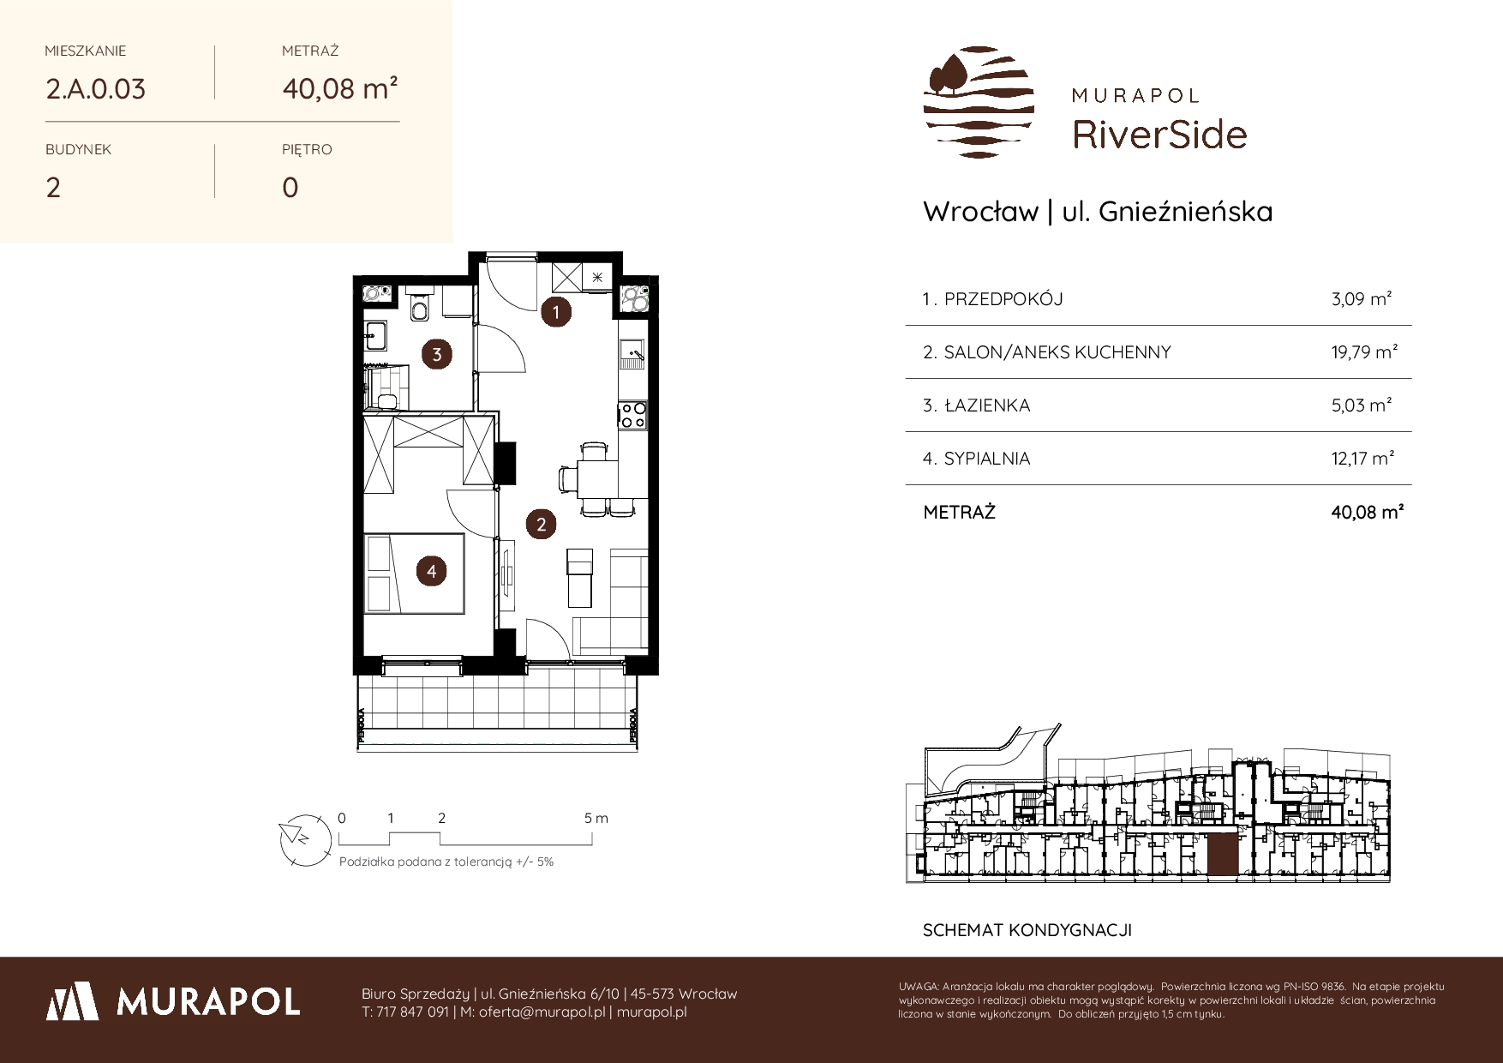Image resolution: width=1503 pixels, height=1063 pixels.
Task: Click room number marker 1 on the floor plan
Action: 556,312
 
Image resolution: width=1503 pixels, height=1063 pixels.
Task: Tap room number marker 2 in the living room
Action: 541,524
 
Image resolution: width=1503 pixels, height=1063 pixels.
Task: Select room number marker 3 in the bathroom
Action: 437,354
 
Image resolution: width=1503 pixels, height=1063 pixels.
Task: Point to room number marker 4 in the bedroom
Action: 432,571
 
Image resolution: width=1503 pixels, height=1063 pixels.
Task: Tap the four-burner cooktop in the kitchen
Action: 632,415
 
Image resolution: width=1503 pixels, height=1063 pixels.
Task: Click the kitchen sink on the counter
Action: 632,351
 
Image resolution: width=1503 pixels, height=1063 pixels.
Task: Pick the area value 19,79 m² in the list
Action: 1366,352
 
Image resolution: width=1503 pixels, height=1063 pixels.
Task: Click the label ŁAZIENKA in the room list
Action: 987,405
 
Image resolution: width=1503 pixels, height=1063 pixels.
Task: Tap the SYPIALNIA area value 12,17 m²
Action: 1362,459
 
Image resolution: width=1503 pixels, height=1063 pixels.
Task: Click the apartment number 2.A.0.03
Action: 95,88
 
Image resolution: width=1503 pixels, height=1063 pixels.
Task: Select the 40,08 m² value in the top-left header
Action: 339,87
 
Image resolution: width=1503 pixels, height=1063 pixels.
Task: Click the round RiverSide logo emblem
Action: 979,102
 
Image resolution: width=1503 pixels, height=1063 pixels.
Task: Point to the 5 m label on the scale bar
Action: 596,818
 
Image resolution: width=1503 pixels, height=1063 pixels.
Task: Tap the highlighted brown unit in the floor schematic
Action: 1222,856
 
